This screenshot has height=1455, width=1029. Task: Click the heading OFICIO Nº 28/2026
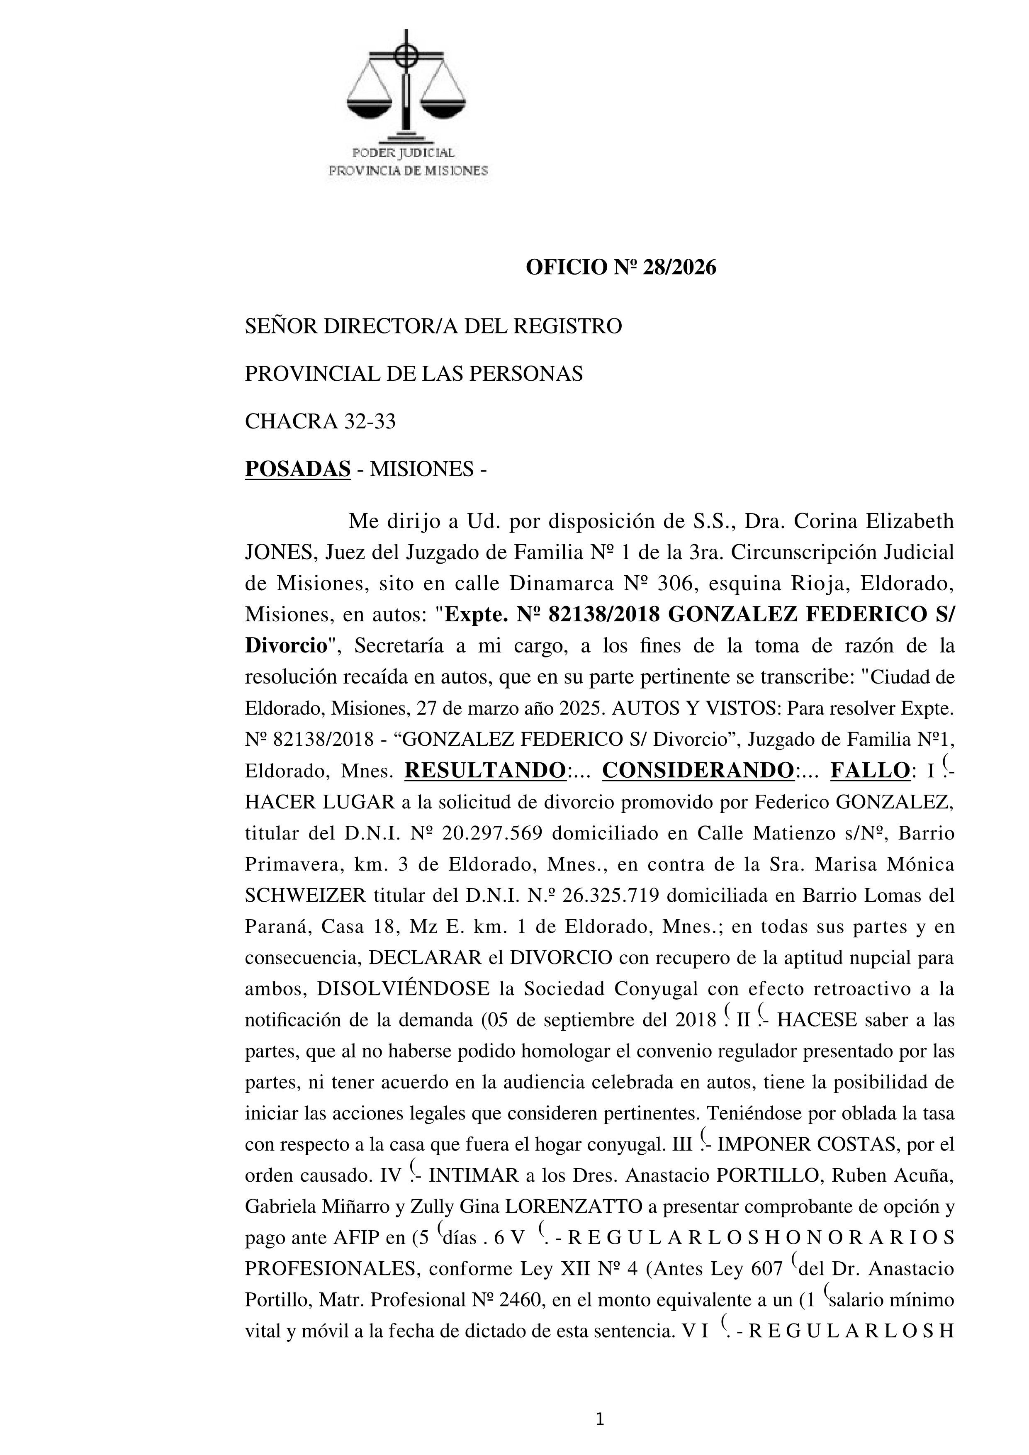coord(620,268)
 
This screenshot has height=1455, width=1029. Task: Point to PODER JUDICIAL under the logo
coord(404,153)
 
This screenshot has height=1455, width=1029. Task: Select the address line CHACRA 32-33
coord(320,421)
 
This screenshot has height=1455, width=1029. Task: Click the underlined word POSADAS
coord(298,469)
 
